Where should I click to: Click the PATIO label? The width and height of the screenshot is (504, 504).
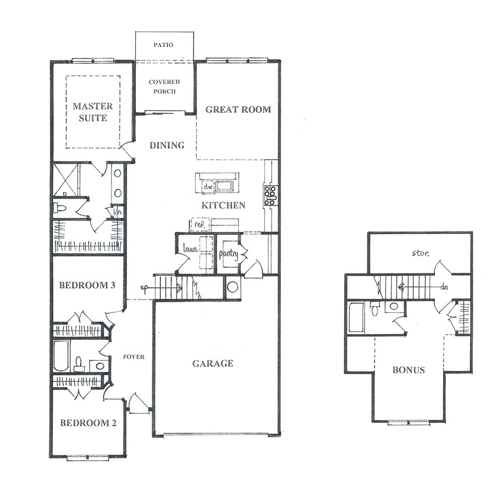coord(163,45)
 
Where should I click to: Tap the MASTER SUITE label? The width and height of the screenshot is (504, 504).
coord(93,112)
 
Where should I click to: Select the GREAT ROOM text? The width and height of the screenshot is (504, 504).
coord(238,109)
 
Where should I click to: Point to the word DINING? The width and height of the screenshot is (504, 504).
coord(167,145)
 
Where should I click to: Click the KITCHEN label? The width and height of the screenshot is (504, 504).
coord(223,205)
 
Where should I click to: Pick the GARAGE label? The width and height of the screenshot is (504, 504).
coord(213,363)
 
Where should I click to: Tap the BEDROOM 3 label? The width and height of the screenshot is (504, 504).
coord(87,285)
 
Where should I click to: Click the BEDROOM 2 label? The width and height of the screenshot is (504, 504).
coord(88,423)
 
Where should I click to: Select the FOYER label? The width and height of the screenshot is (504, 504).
coord(134,357)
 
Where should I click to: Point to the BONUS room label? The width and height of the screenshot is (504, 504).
coord(409,370)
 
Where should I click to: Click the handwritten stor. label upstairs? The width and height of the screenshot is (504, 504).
coord(420,254)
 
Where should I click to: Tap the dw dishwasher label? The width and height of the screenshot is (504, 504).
coord(207,186)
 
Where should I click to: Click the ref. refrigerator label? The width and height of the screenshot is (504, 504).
coord(200,224)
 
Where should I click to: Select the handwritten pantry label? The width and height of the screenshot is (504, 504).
coord(228,254)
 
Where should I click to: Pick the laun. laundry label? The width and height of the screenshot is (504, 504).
coord(191,248)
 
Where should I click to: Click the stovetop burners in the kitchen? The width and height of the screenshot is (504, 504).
coord(270,195)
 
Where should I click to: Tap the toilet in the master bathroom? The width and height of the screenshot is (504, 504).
coord(60,208)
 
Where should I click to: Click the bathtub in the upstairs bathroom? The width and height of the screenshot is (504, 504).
coord(356,318)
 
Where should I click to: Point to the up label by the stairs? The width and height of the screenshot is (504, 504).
coord(144,288)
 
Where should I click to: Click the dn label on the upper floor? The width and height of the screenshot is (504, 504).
coord(444,287)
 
